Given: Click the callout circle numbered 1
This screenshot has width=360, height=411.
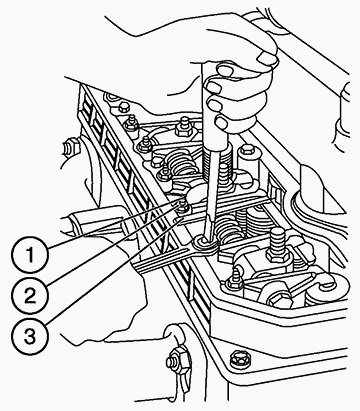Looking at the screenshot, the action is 30,255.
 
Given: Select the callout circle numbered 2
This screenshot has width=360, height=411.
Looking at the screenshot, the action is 30,295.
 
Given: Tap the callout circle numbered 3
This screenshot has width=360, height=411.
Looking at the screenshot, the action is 30,336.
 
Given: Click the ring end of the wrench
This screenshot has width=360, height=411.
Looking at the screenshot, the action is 204,244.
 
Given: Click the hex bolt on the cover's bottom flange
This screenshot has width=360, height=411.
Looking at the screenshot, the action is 239,359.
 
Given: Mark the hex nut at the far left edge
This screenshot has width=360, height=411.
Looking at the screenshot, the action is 71,147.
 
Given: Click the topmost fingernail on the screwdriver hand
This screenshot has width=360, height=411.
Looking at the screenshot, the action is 267,59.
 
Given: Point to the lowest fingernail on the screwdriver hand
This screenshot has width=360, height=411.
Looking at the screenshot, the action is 221,122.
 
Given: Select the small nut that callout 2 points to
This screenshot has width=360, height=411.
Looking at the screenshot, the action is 182,207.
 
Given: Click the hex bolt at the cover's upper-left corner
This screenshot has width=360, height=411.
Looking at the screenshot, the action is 124,107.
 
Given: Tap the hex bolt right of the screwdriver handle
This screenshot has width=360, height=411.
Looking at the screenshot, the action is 247,151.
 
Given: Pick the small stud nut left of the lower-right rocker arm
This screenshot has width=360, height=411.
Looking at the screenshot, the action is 234,279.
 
